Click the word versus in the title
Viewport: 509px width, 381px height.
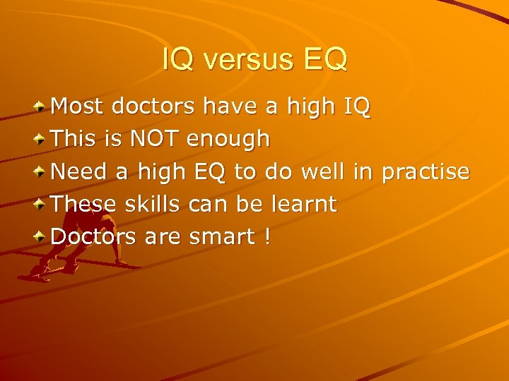click(x=245, y=60)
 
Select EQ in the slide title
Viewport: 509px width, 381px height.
click(x=325, y=60)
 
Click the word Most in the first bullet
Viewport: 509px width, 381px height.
click(x=77, y=107)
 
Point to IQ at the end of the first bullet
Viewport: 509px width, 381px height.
click(x=356, y=107)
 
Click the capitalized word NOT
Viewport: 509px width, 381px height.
click(x=155, y=139)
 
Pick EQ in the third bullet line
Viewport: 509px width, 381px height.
click(x=207, y=171)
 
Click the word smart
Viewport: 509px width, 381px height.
click(x=222, y=237)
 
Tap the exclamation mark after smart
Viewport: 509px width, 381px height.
click(x=267, y=237)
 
